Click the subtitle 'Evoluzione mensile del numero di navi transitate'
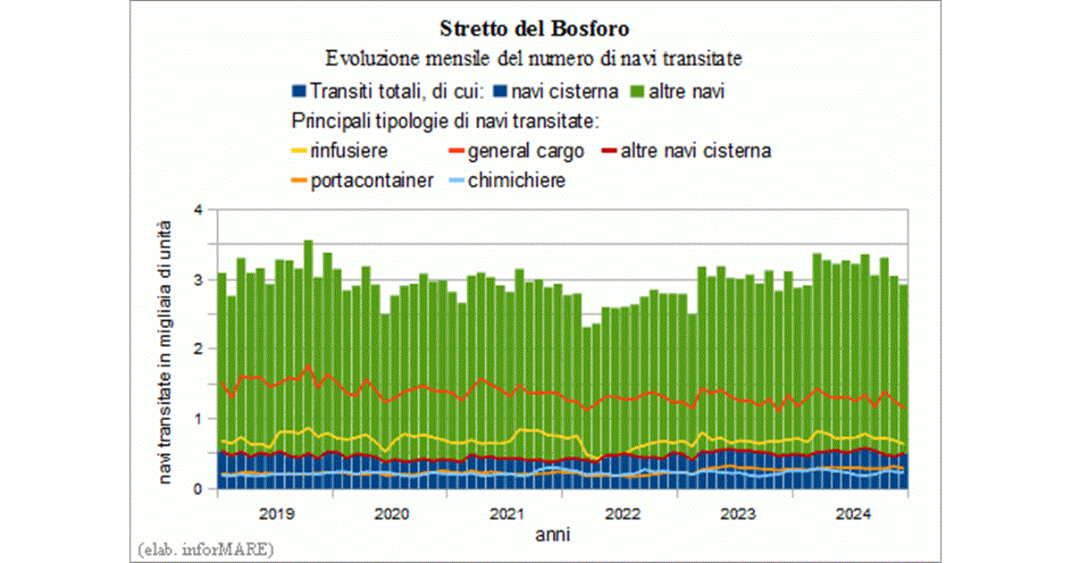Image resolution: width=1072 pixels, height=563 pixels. pyautogui.click(x=535, y=59)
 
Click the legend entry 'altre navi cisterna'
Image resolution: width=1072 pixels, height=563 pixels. pyautogui.click(x=695, y=150)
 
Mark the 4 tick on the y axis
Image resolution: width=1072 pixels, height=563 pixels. pyautogui.click(x=199, y=210)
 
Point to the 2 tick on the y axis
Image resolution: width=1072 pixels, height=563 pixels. pyautogui.click(x=199, y=349)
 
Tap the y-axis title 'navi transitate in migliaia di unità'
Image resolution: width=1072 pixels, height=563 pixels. pyautogui.click(x=166, y=350)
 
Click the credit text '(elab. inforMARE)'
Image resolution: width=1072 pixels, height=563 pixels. pyautogui.click(x=206, y=547)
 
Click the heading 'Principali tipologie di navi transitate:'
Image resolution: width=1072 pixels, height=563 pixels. pyautogui.click(x=444, y=120)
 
